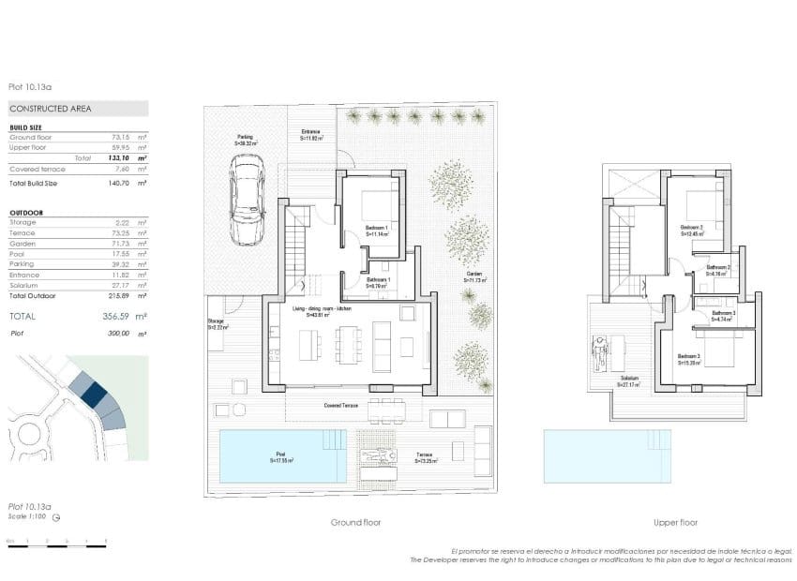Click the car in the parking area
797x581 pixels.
point(248,186)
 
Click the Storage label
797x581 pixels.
point(216,324)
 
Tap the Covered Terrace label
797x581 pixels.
point(339,406)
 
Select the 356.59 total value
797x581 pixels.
point(115,317)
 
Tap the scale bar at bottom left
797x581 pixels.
point(56,542)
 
